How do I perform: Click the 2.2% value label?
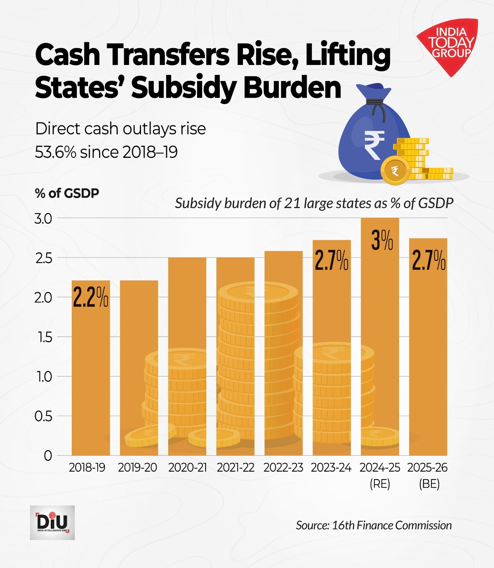[91, 297]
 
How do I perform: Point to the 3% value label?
[382, 241]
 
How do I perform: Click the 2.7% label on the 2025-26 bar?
[429, 261]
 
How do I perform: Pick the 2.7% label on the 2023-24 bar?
[331, 261]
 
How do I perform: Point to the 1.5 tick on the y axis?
[45, 337]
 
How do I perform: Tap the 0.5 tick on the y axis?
[43, 416]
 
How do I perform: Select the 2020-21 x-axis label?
[187, 468]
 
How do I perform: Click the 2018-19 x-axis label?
[87, 468]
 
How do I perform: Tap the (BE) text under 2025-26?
[429, 484]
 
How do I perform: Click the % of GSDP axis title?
[67, 193]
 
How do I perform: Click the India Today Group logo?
[450, 44]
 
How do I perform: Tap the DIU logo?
[52, 523]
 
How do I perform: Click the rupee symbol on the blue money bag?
[374, 145]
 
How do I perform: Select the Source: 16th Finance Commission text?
[374, 525]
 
